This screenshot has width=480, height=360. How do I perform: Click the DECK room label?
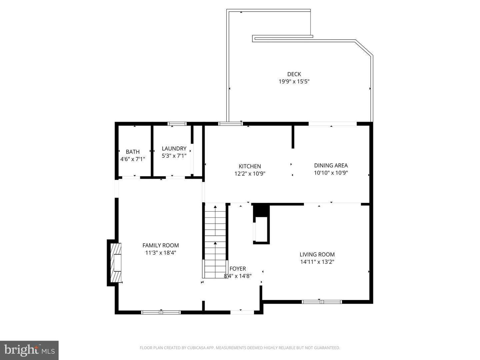(294, 74)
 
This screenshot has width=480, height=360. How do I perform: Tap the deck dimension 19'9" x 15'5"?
(294, 81)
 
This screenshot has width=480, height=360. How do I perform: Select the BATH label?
(133, 152)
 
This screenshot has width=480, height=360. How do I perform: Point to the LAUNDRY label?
(174, 149)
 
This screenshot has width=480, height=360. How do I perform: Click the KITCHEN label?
(250, 166)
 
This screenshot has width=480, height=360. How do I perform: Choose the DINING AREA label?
(331, 165)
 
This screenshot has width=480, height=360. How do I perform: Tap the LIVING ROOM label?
(317, 254)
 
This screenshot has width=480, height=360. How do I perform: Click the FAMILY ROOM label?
(161, 245)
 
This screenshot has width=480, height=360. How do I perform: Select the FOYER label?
(238, 269)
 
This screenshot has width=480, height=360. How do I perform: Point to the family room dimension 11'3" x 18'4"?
(161, 253)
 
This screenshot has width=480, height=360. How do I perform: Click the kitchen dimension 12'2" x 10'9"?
(250, 173)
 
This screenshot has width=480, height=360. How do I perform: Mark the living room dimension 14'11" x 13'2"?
(317, 262)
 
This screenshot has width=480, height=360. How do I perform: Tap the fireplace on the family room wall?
(116, 263)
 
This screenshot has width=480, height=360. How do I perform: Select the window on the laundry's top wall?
(177, 124)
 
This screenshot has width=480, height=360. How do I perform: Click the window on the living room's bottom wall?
(322, 302)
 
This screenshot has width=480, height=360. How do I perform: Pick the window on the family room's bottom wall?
(161, 312)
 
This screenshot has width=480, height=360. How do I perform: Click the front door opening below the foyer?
(242, 312)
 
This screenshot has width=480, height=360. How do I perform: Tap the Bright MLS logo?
(29, 350)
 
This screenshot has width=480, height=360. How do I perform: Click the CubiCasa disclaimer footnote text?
(240, 348)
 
